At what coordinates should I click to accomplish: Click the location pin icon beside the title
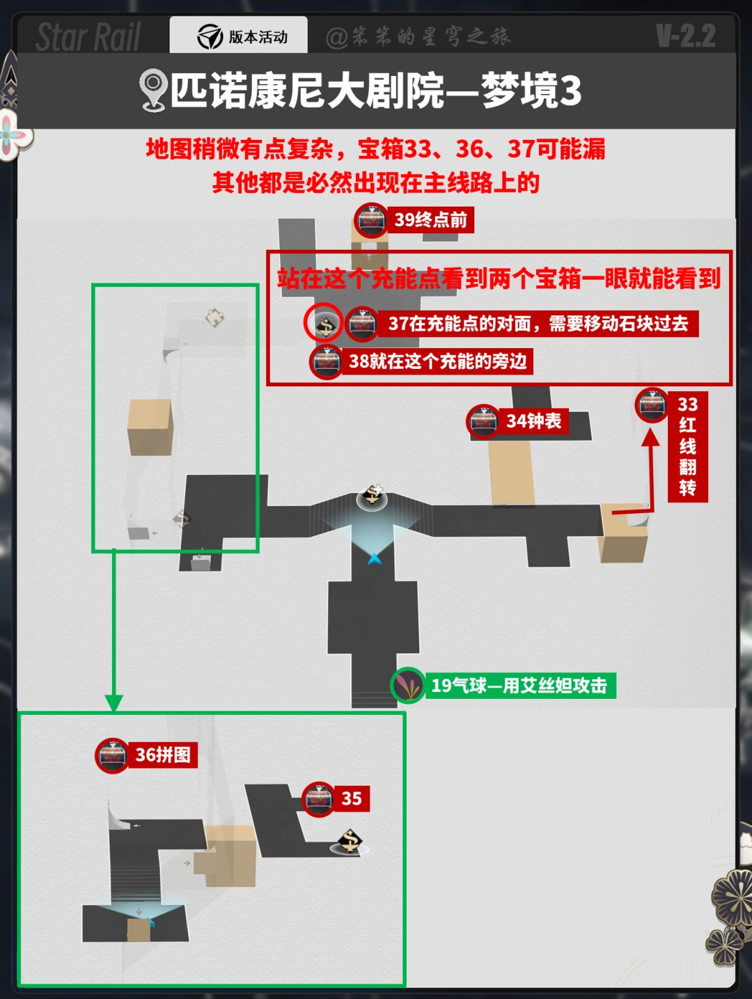tap(152, 90)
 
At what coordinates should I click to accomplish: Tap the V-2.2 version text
tap(685, 36)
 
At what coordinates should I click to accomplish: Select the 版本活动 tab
tap(239, 36)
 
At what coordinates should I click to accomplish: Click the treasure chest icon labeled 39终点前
tap(371, 220)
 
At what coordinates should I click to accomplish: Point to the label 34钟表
tap(533, 421)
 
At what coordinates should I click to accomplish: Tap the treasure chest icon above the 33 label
tap(652, 404)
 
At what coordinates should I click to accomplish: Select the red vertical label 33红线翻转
tap(687, 446)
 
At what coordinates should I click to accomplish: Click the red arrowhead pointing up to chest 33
tap(650, 437)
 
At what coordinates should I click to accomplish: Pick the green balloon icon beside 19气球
tap(408, 685)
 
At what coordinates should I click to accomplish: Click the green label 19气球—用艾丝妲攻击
tap(519, 686)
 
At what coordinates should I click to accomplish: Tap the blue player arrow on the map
tap(375, 558)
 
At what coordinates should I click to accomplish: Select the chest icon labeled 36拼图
tap(112, 755)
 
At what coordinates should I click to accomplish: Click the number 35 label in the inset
tap(352, 799)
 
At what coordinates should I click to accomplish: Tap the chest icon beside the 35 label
tap(318, 799)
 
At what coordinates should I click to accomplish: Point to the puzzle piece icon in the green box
tap(214, 317)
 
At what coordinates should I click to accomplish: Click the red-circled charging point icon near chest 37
tap(324, 323)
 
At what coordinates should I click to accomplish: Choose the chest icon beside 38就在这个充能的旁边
tap(327, 361)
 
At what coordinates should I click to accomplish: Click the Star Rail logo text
tap(88, 37)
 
